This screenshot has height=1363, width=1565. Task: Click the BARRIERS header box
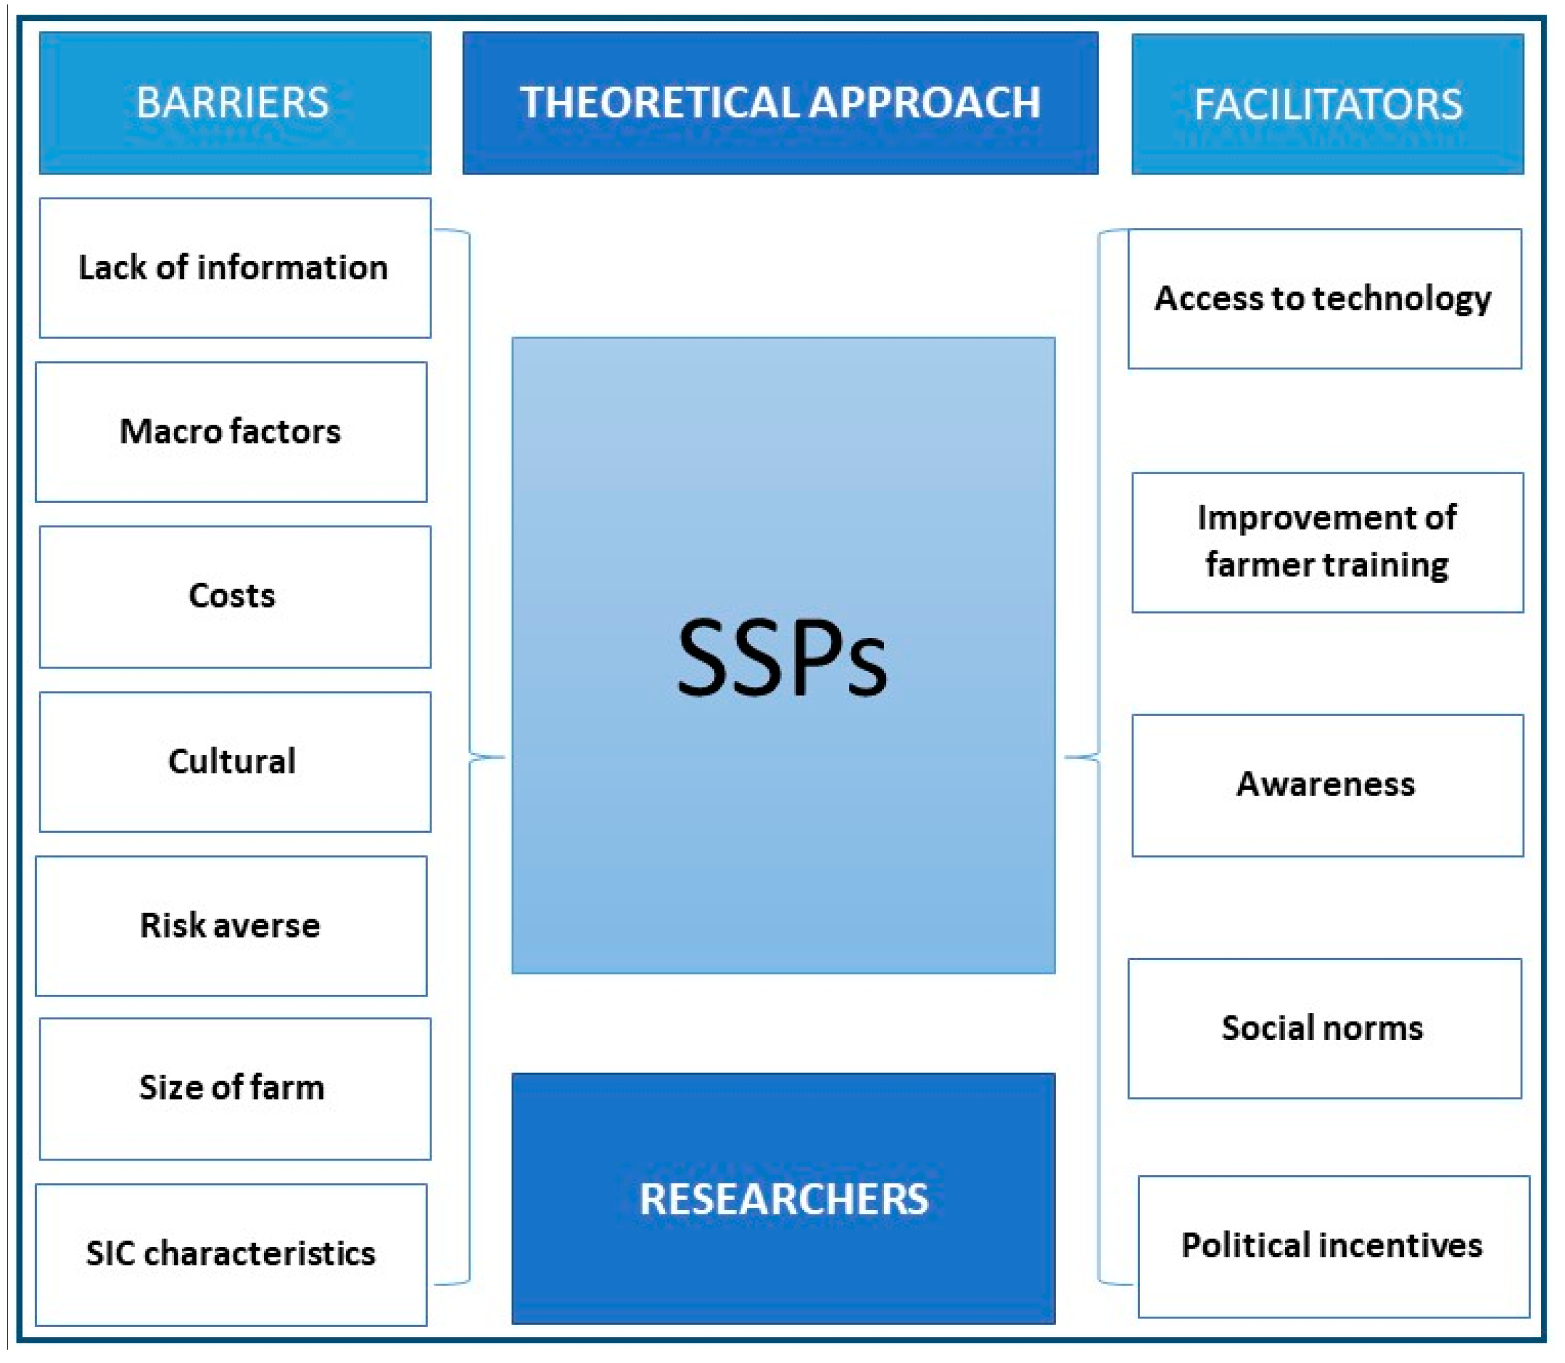click(234, 103)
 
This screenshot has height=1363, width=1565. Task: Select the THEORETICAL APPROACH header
click(779, 103)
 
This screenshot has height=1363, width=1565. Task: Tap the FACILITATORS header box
click(1327, 104)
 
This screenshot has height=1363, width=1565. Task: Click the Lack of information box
click(234, 268)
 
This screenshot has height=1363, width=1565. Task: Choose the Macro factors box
click(230, 431)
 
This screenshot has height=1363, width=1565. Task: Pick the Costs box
click(234, 596)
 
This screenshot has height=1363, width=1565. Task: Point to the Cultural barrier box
click(234, 761)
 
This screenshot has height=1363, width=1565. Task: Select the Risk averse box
click(230, 926)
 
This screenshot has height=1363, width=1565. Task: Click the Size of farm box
click(234, 1088)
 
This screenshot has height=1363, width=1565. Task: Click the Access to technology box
click(1324, 298)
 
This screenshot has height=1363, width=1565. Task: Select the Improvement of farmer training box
click(1327, 542)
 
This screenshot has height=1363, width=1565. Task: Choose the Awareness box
click(1327, 784)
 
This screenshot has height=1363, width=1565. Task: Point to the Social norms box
click(1324, 1028)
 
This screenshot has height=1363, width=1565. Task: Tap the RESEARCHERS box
click(783, 1199)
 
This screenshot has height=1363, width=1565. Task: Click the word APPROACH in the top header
click(925, 103)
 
